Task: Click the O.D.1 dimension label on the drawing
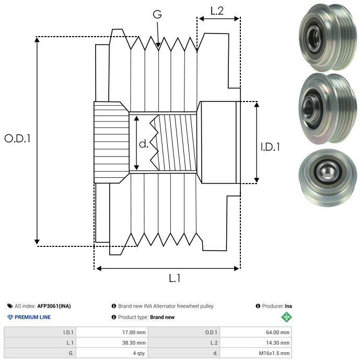[x=17, y=139]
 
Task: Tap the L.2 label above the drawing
[x=217, y=11]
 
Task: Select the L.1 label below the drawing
[x=175, y=278]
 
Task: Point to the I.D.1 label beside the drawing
[x=270, y=147]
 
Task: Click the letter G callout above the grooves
[x=157, y=14]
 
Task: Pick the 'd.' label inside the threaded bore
[x=144, y=144]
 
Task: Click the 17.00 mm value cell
[x=134, y=333]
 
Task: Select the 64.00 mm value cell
[x=277, y=333]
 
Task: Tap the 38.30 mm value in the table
[x=134, y=343]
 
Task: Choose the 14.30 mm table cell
[x=277, y=343]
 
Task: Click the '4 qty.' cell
[x=140, y=353]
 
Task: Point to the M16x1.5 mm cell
[x=274, y=353]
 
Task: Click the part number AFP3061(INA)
[x=54, y=306]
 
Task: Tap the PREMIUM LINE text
[x=32, y=317]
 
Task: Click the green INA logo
[x=286, y=317]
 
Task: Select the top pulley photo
[x=328, y=37]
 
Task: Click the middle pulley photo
[x=328, y=108]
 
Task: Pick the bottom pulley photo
[x=328, y=178]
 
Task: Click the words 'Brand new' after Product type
[x=162, y=317]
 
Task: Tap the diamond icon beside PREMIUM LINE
[x=10, y=317]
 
